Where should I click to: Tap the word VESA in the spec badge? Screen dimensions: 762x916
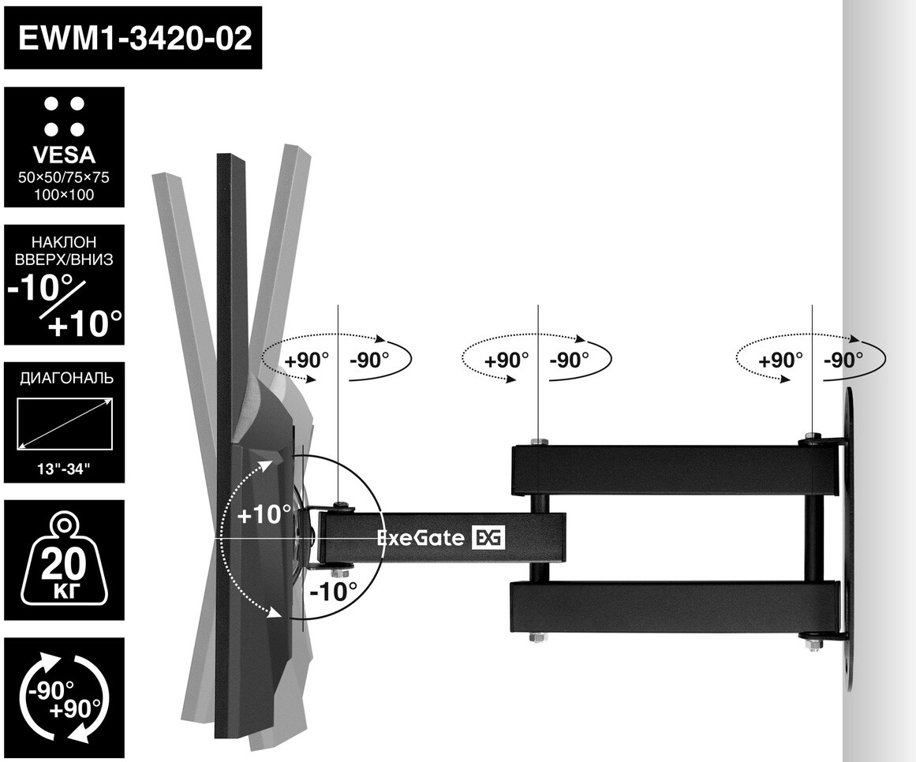coord(65,155)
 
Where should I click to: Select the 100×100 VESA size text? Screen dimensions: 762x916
coord(65,194)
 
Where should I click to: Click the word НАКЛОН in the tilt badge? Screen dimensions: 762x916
coord(65,241)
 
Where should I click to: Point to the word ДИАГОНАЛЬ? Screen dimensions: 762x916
coord(65,378)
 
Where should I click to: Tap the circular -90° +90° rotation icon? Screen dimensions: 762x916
coord(64,697)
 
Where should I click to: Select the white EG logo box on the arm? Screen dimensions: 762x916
coord(488,539)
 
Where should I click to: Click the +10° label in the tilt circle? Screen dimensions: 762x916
coord(264,515)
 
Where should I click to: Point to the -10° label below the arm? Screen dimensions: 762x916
coord(334,591)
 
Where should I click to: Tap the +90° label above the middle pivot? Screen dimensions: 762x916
coord(507,360)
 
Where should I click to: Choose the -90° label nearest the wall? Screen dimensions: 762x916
coord(843,360)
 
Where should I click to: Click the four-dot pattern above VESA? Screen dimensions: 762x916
coord(65,116)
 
